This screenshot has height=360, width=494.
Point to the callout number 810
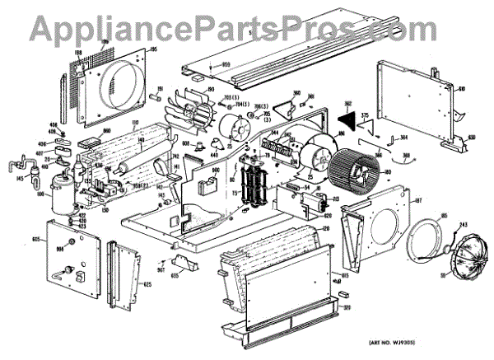tap(463, 88)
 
